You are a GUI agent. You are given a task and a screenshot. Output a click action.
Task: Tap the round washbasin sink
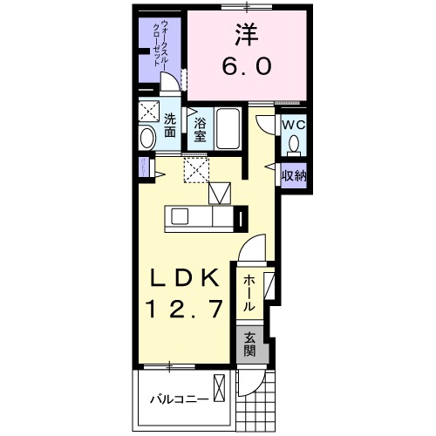[146, 137]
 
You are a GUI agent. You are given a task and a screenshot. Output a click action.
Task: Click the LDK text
[183, 279]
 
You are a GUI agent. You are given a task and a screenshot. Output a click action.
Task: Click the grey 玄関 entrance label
[249, 346]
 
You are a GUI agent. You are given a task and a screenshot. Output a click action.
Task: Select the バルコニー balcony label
[178, 399]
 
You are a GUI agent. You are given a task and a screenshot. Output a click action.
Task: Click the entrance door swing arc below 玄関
[253, 379]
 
